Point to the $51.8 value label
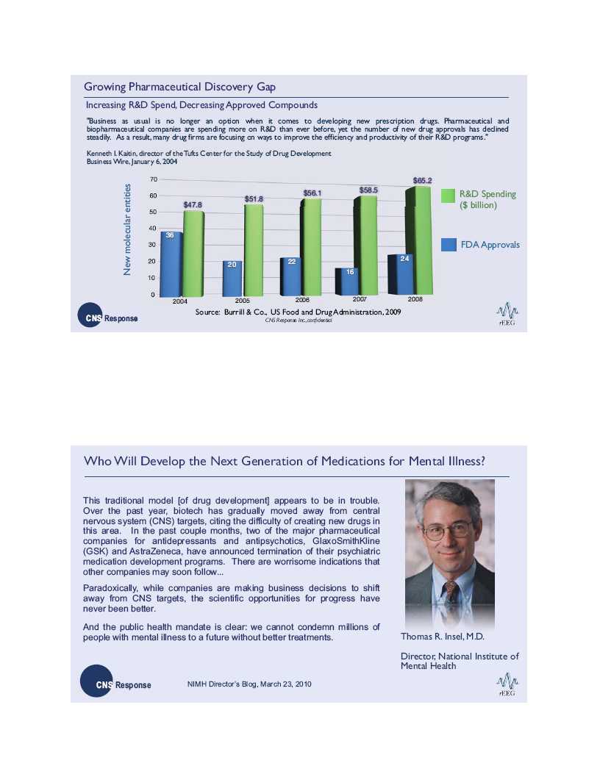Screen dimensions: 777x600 pos(254,199)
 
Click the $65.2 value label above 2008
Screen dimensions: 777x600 pos(422,180)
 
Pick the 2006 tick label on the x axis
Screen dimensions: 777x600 pos(303,301)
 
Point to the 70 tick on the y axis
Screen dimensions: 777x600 pos(152,179)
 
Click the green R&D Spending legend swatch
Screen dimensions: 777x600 pos(449,196)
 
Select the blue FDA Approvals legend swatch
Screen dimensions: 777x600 pos(449,245)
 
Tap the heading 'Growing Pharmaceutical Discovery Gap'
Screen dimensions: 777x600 pos(180,87)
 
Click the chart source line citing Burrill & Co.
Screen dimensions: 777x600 pos(298,312)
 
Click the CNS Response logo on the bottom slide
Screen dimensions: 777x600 pos(114,684)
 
